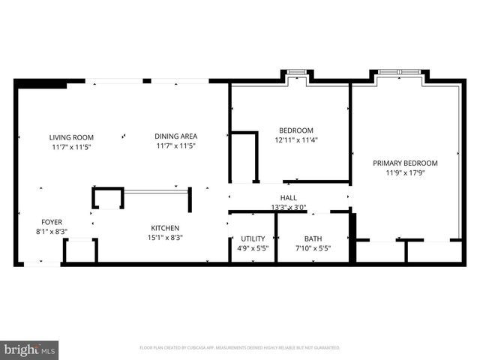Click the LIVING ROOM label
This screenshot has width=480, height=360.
[x=71, y=137]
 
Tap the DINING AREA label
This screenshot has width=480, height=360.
[x=175, y=136]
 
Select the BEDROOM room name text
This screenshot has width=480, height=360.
[x=296, y=130]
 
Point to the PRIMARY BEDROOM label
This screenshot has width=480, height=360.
[x=406, y=163]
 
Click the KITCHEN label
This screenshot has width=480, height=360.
[x=164, y=228]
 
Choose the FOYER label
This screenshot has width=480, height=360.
[x=52, y=222]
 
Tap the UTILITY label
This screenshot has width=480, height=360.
[x=253, y=238]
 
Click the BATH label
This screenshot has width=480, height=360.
[x=313, y=238]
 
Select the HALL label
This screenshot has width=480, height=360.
[x=289, y=198]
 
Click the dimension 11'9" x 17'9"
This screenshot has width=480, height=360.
[x=406, y=172]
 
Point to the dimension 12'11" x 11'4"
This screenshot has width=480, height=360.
[x=296, y=140]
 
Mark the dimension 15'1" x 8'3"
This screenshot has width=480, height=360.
[x=164, y=238]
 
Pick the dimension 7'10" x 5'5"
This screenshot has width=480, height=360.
[x=313, y=248]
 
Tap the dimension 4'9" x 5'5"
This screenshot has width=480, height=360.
[x=253, y=248]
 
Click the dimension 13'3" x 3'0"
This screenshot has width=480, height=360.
[x=289, y=208]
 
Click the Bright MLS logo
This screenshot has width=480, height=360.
[x=31, y=349]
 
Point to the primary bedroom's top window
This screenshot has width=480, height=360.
[x=399, y=73]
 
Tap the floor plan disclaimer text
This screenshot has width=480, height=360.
[x=240, y=348]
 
